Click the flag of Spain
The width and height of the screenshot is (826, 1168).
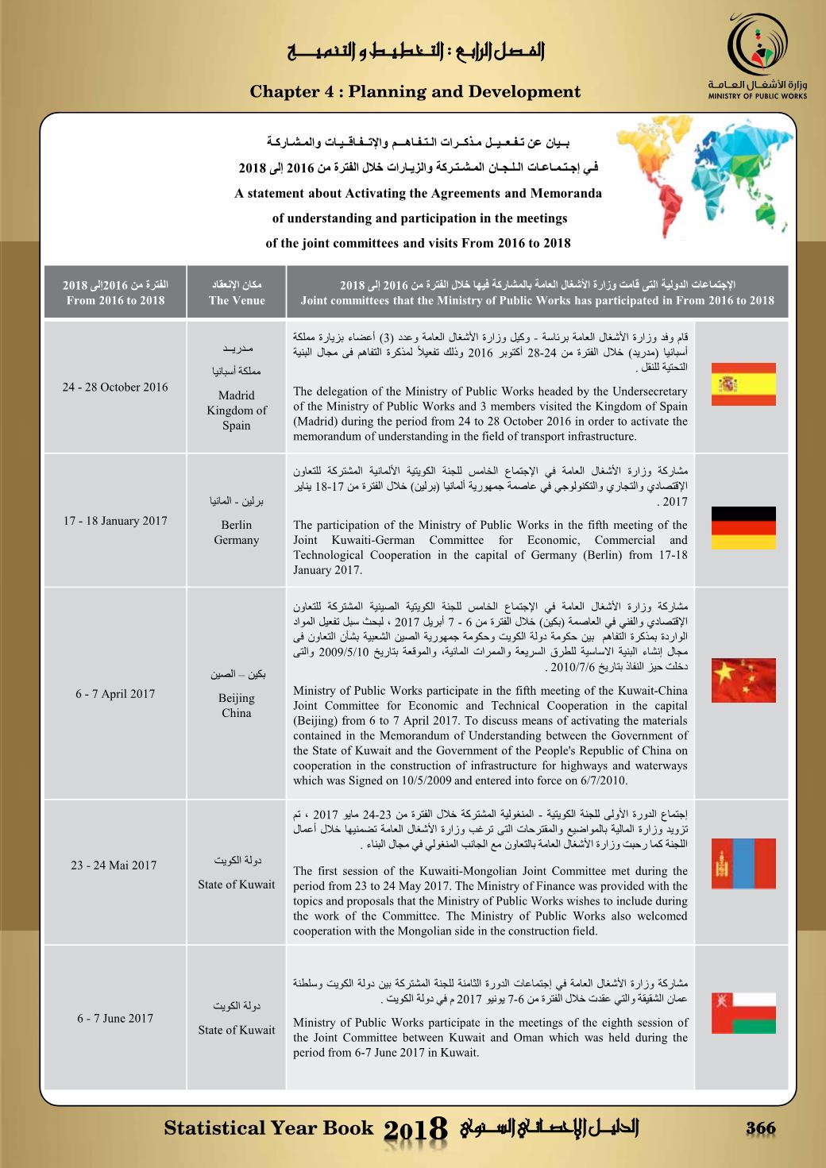(x=743, y=384)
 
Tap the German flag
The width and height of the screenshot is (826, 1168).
(x=743, y=528)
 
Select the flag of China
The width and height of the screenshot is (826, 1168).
(x=743, y=680)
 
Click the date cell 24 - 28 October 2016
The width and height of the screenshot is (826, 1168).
(x=115, y=387)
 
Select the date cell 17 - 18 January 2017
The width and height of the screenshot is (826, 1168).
(x=115, y=521)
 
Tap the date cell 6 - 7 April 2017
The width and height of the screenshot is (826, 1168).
(x=115, y=694)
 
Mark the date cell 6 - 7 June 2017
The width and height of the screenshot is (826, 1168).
(x=115, y=1019)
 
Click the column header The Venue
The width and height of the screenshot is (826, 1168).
(x=237, y=300)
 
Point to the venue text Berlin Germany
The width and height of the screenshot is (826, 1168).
(x=237, y=532)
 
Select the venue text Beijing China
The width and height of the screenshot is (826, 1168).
(x=237, y=705)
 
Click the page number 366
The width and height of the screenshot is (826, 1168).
(x=760, y=1128)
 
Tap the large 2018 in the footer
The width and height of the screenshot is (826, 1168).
(x=416, y=1130)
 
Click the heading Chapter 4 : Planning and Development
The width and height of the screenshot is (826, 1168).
(x=415, y=91)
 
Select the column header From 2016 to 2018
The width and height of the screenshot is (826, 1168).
(x=115, y=300)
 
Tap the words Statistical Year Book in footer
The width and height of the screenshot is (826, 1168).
(x=268, y=1128)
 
